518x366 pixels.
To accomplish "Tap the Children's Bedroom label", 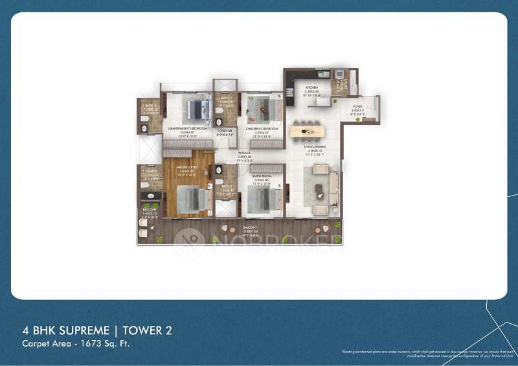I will (261, 129).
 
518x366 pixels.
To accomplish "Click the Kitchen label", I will (311, 86).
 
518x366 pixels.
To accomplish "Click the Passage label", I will (226, 153).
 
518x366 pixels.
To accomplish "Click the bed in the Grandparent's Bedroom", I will (197, 109).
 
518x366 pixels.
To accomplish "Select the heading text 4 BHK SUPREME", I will (57, 330).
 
